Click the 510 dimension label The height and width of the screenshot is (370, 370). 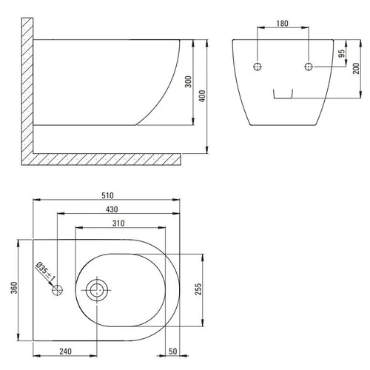[x=107, y=195]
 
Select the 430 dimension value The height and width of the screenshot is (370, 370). [x=112, y=209]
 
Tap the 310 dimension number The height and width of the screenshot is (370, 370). [x=118, y=223]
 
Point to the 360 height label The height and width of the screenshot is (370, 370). [x=14, y=288]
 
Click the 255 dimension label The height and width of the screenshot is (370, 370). [x=198, y=289]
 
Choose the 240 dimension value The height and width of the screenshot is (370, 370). [x=65, y=351]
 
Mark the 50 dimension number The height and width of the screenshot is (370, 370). [x=173, y=351]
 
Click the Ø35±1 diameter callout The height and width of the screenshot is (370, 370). [x=46, y=272]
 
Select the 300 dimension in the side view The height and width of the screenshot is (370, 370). [x=188, y=81]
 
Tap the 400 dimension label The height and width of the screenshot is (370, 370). [x=202, y=96]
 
